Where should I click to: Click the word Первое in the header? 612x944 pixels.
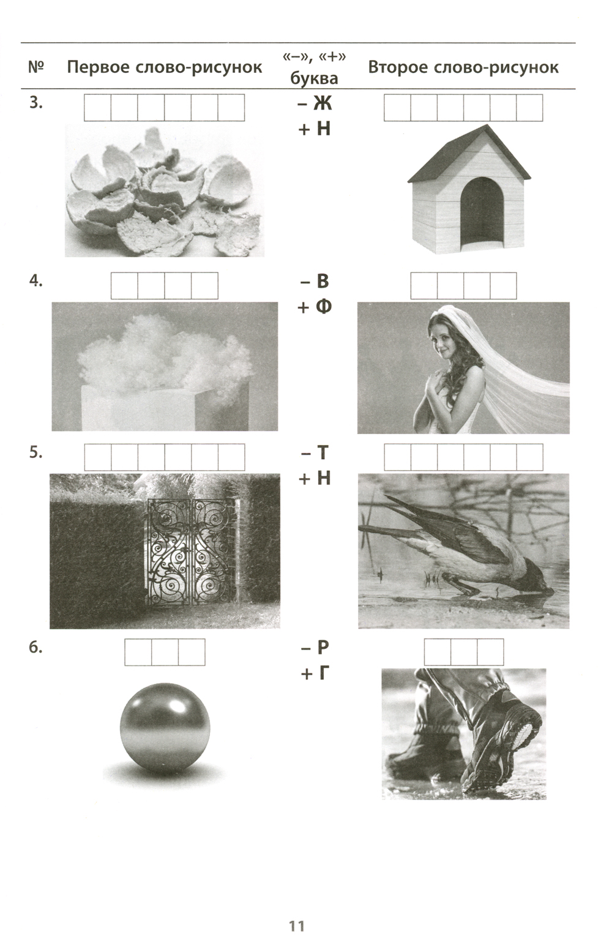tap(98, 67)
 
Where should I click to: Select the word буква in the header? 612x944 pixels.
tap(314, 79)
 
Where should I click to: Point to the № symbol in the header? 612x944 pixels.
tap(35, 67)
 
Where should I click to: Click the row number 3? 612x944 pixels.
tap(35, 103)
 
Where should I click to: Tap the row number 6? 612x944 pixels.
tap(35, 648)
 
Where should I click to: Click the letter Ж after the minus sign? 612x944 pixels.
tap(322, 103)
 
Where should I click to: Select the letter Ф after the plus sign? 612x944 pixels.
tap(323, 307)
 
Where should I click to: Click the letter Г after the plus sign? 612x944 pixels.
tap(321, 674)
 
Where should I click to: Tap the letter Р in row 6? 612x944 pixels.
tap(322, 648)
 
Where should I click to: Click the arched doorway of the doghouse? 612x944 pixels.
tap(482, 213)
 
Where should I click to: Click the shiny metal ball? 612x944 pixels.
tap(165, 729)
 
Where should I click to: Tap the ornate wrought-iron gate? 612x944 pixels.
tap(192, 551)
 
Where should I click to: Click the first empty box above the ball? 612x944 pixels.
tap(138, 652)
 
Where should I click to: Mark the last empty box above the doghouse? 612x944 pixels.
tap(529, 108)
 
